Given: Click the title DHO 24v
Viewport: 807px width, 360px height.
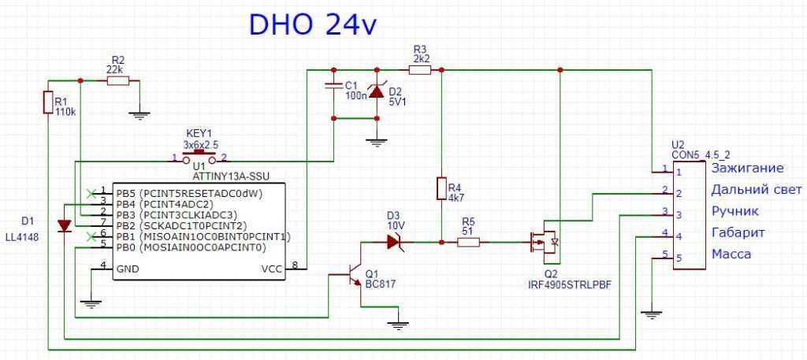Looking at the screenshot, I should pos(314,25).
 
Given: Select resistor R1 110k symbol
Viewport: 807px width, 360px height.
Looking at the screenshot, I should pos(50,102).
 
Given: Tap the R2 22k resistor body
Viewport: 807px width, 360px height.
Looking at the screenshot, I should pos(117,80).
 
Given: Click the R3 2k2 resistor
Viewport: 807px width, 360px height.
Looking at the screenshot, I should pos(420,70).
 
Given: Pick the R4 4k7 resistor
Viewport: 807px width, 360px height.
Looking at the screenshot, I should pos(441,189).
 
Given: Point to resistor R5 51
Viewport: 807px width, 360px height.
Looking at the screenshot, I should pos(468,242).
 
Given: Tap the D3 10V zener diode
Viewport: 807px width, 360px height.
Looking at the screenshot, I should pos(395,242).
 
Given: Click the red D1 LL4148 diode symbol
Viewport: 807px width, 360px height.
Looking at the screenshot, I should pos(65,226).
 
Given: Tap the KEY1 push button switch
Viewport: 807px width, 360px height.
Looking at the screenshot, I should pos(199,158).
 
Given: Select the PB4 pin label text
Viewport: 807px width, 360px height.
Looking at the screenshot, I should pos(126,202).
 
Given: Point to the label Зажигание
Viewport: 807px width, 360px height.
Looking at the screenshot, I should pos(747,168).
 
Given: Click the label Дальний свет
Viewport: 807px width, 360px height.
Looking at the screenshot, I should pos(756,189).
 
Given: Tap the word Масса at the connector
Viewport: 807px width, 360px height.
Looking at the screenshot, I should pos(731,254).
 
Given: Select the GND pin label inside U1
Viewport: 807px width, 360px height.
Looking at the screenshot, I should pos(128,269).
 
